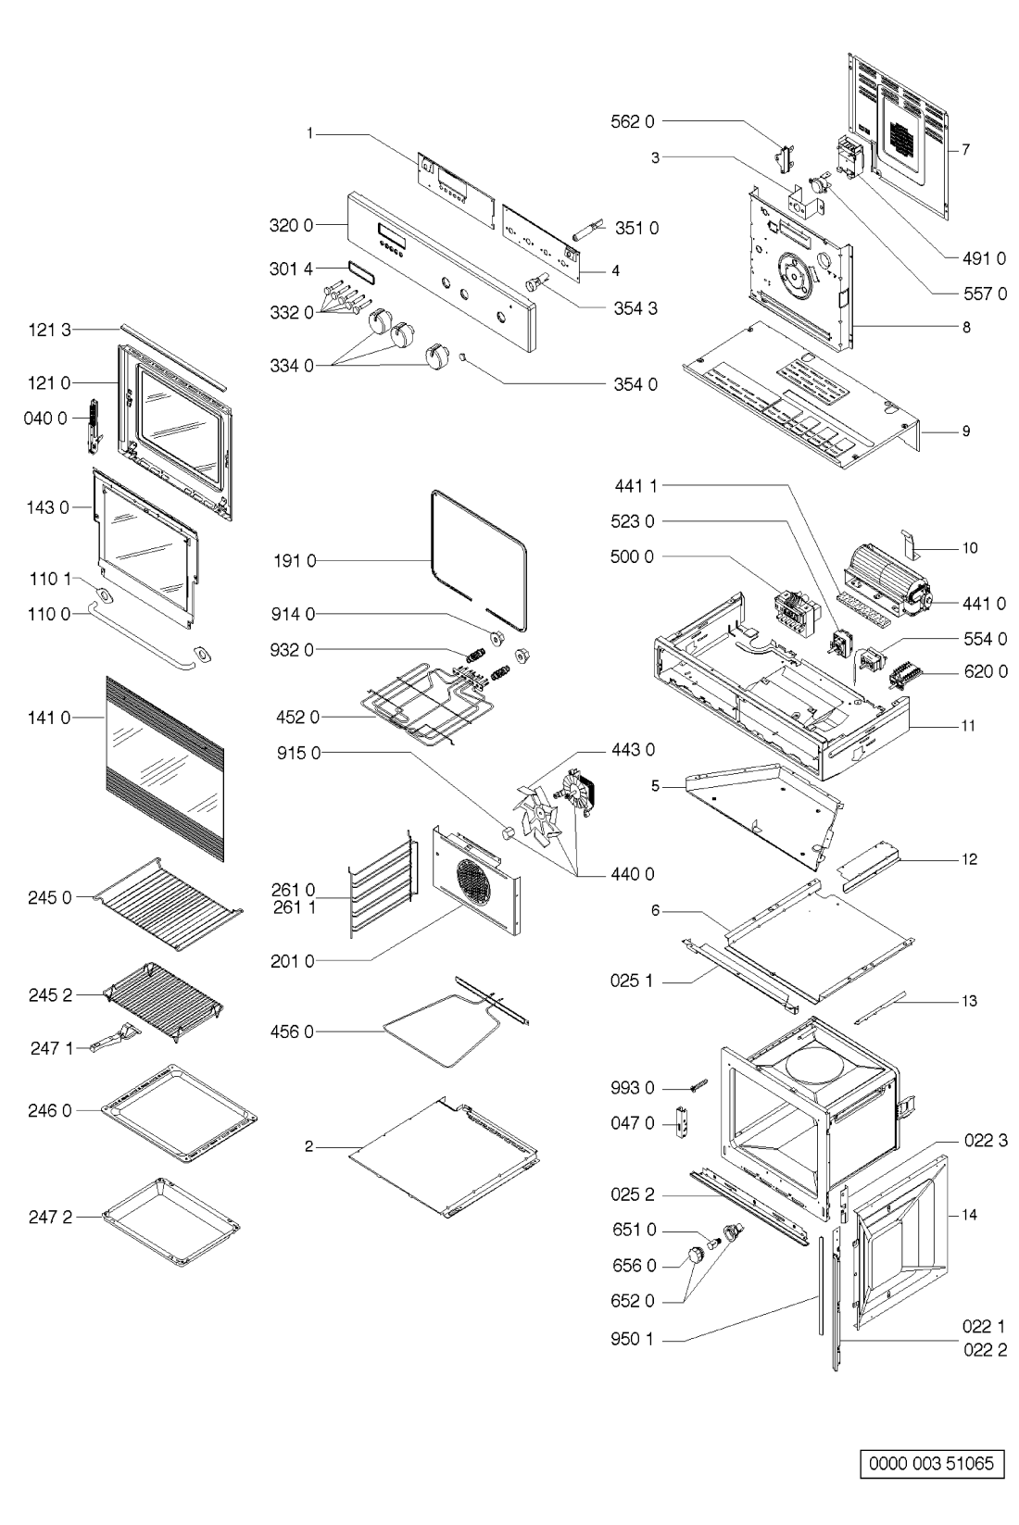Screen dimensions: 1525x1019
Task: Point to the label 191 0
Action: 295,560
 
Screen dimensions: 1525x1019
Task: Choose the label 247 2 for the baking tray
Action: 50,1217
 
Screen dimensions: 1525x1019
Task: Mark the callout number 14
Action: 969,1214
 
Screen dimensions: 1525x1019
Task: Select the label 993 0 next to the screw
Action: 633,1087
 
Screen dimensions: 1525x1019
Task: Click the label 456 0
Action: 295,1031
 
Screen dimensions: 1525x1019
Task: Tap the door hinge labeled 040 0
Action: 93,427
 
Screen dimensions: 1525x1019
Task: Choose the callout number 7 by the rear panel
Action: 964,148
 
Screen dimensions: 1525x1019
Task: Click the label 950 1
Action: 633,1339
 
